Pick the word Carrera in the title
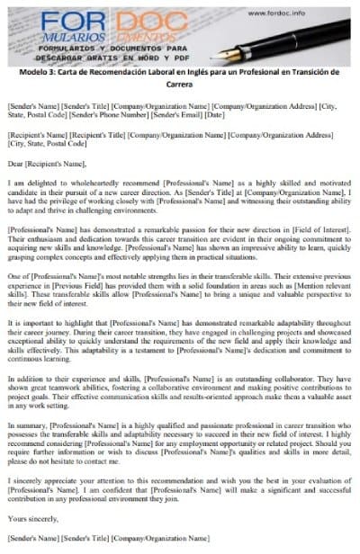(179, 85)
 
